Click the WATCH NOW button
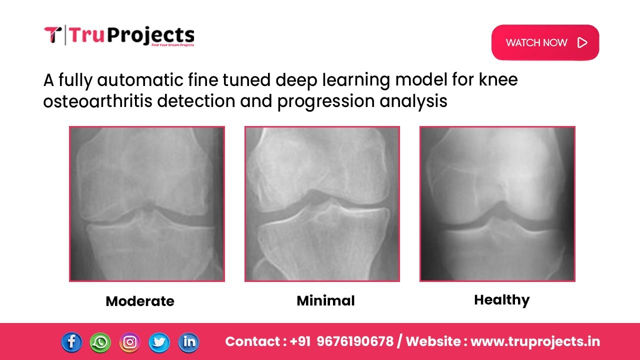pyautogui.click(x=544, y=42)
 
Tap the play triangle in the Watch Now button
pyautogui.click(x=582, y=42)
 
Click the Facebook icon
pyautogui.click(x=71, y=342)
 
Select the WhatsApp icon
pyautogui.click(x=100, y=342)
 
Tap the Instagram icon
pyautogui.click(x=130, y=342)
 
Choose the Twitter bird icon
pyautogui.click(x=159, y=342)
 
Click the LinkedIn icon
pyautogui.click(x=188, y=342)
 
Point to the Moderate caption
pyautogui.click(x=140, y=301)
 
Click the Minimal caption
pyautogui.click(x=325, y=300)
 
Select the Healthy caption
pyautogui.click(x=501, y=300)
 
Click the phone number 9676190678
pyautogui.click(x=355, y=341)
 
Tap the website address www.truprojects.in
pyautogui.click(x=535, y=341)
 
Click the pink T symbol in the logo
pyautogui.click(x=52, y=35)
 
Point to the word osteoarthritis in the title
pyautogui.click(x=97, y=101)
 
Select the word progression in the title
pyautogui.click(x=325, y=101)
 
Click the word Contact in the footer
pyautogui.click(x=252, y=341)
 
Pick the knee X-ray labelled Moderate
pyautogui.click(x=147, y=204)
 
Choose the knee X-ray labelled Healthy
pyautogui.click(x=497, y=204)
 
